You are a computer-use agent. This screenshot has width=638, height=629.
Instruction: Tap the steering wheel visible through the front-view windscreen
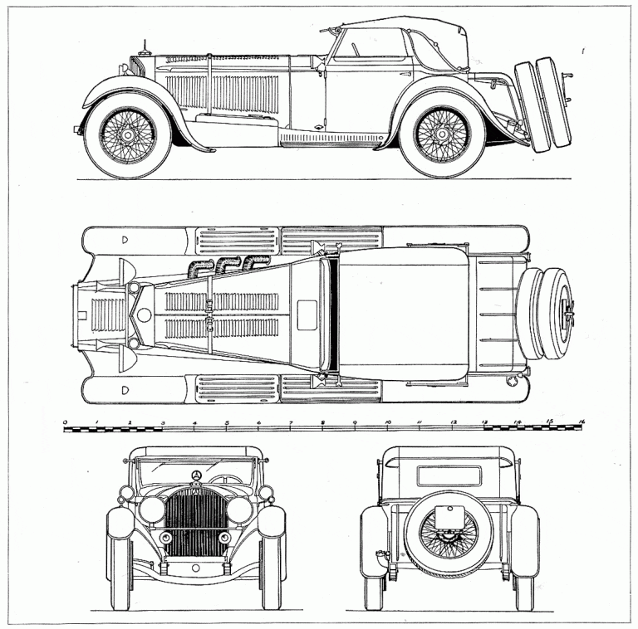point(223,479)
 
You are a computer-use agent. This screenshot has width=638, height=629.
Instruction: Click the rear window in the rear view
point(449,475)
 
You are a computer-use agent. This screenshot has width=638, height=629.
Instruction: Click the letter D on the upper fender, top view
point(125,240)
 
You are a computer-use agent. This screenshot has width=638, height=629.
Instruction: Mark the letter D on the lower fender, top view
point(125,389)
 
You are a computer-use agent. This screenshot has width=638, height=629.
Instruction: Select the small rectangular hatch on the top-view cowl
point(307,314)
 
